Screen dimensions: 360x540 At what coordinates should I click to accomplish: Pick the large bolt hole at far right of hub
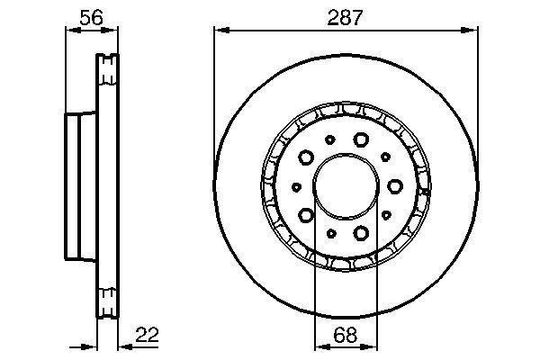[395, 187]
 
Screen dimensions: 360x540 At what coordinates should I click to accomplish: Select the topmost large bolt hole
[361, 139]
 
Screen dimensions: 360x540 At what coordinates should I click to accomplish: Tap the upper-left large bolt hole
[306, 158]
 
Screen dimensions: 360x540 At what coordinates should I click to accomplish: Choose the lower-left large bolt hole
[306, 215]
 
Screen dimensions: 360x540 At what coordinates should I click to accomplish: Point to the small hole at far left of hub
[296, 187]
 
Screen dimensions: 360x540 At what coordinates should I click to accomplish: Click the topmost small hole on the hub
[330, 139]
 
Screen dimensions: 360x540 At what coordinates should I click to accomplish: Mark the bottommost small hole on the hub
[330, 234]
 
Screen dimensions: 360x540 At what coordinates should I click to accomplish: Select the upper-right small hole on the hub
[384, 157]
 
